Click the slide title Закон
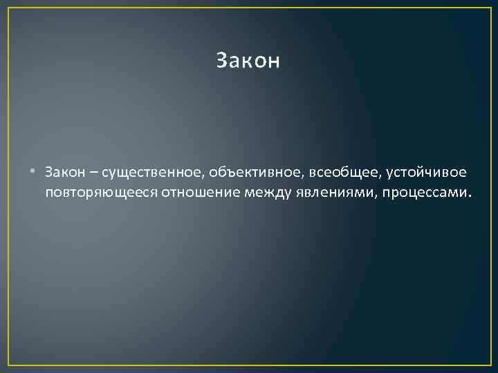248,61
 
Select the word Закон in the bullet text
64,171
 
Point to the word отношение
201,191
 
